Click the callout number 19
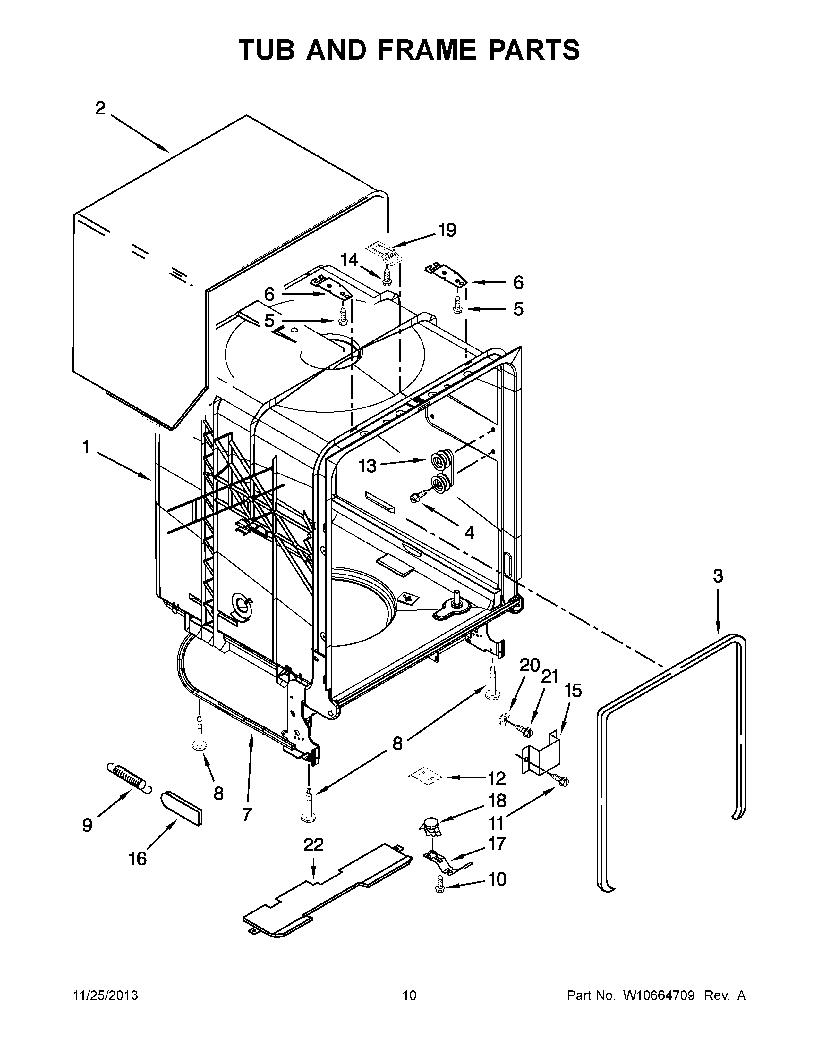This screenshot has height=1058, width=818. click(x=447, y=230)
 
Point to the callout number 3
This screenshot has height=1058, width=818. click(x=718, y=576)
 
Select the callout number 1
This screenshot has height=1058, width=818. click(x=86, y=447)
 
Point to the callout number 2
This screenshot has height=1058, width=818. click(x=100, y=108)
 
